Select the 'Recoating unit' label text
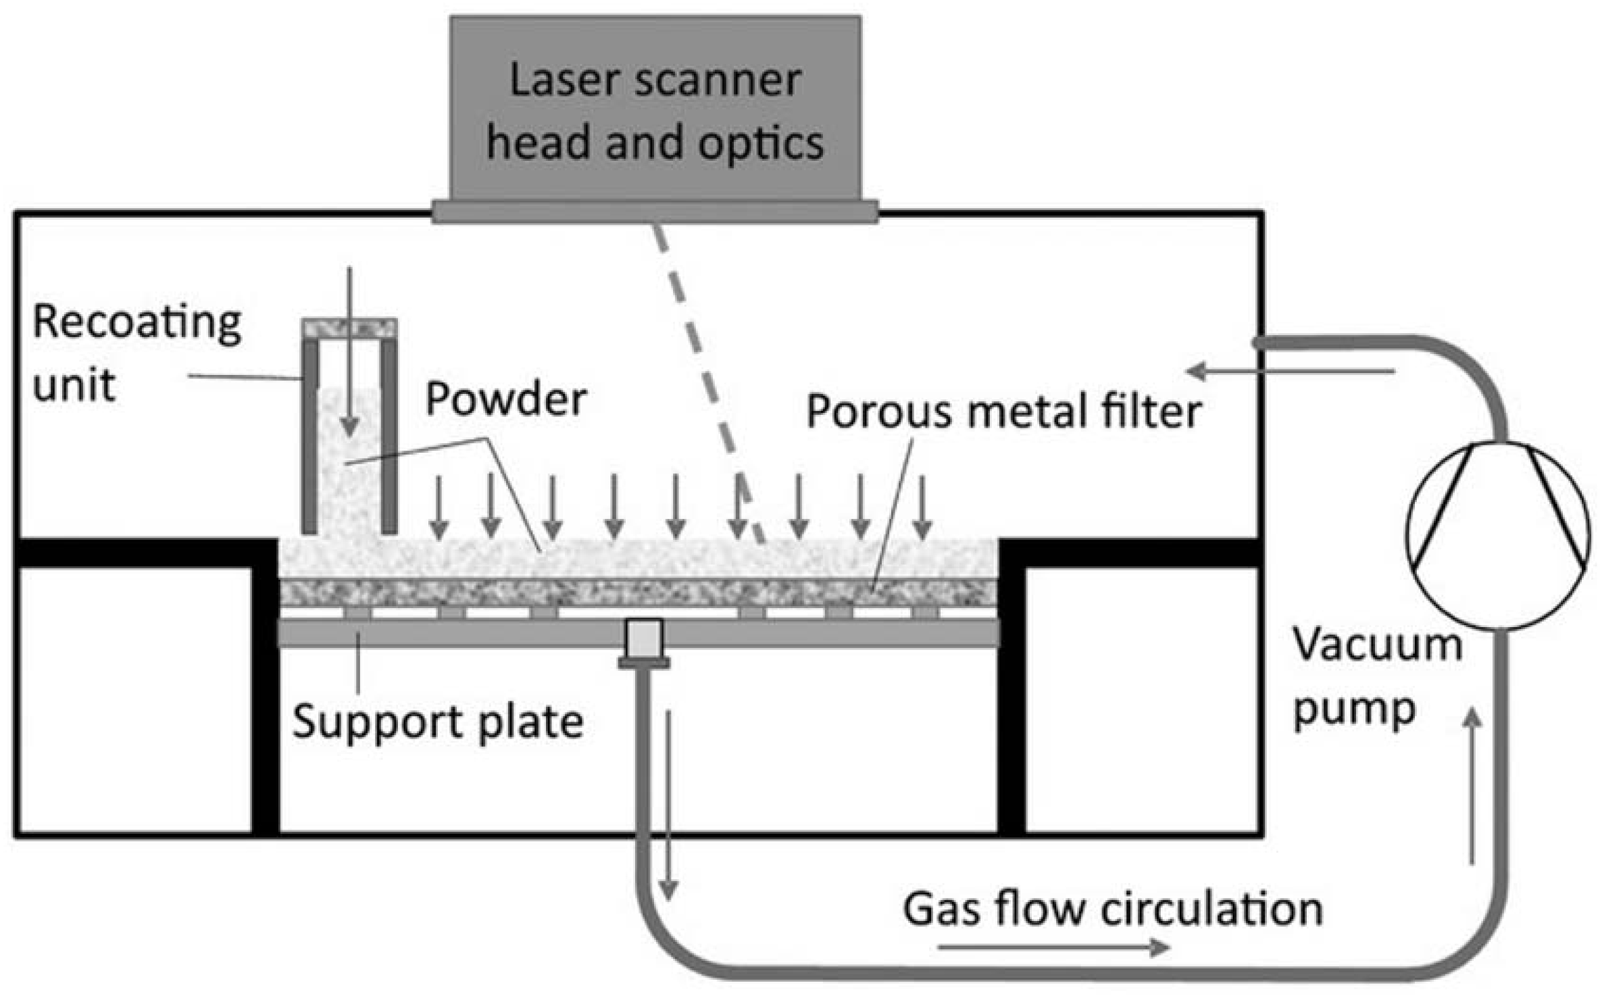pos(136,353)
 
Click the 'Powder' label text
pos(506,399)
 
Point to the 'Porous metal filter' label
pos(1004,411)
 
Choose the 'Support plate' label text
pos(438,722)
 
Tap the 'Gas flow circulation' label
pos(1113,909)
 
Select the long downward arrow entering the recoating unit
pos(349,351)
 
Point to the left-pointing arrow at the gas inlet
pos(1291,371)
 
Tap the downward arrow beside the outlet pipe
pos(668,805)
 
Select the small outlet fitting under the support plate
pos(644,643)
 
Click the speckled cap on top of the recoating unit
pos(349,328)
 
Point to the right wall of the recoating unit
pos(389,436)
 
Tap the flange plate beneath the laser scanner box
pos(655,211)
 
